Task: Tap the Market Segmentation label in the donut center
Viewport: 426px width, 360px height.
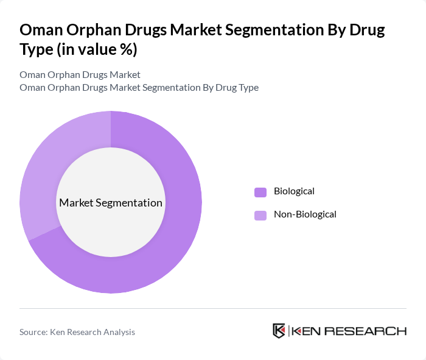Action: click(110, 203)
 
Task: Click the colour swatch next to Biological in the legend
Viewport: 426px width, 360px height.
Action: click(260, 192)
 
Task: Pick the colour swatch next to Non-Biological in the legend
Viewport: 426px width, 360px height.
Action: click(260, 215)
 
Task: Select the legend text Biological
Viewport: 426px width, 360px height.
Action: click(294, 191)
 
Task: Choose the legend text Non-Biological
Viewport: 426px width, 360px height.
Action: click(305, 214)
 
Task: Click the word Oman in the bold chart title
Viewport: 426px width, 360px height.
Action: click(40, 30)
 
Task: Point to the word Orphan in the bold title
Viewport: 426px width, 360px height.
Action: click(93, 30)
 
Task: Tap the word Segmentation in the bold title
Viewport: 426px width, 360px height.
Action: click(273, 30)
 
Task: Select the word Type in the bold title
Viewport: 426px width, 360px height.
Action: click(38, 49)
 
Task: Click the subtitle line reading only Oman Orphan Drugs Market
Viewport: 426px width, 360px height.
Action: click(80, 75)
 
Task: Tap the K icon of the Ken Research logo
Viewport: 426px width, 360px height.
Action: click(279, 331)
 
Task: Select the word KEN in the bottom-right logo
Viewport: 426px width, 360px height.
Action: click(307, 331)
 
